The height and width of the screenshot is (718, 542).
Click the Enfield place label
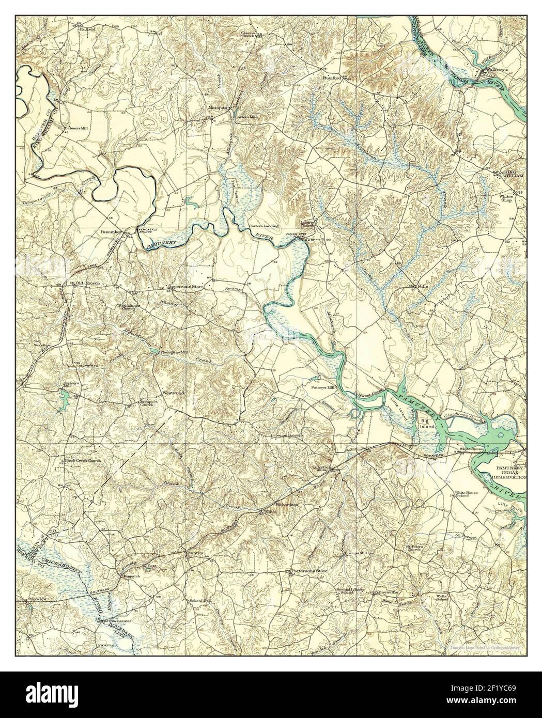click(x=87, y=29)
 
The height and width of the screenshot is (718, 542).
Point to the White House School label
click(x=466, y=494)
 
